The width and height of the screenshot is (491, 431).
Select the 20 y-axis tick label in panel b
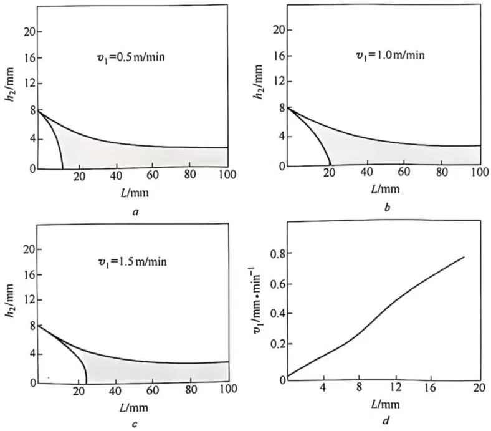click(x=279, y=29)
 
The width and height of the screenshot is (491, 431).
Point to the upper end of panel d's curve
click(x=464, y=257)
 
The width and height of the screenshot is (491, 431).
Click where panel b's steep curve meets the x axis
click(x=330, y=165)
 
